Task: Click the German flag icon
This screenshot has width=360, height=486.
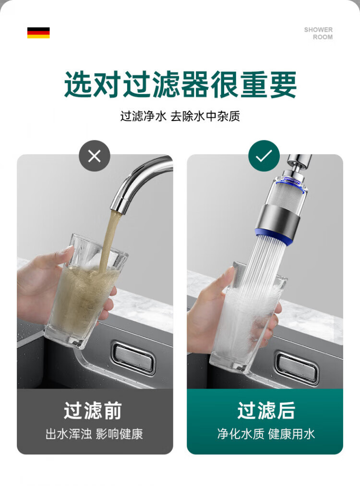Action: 38,33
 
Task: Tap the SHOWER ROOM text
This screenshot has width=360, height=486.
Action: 318,33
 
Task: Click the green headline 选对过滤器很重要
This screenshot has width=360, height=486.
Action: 180,85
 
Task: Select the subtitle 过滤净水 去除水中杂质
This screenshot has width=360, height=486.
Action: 180,116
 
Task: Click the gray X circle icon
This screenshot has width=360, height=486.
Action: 95,156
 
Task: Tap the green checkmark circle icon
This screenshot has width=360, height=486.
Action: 264,156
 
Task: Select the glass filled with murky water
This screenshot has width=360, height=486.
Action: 85,292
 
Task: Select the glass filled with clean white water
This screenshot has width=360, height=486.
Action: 248,319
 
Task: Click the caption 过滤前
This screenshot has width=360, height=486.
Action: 93,411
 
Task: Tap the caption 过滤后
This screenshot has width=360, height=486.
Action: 266,411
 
